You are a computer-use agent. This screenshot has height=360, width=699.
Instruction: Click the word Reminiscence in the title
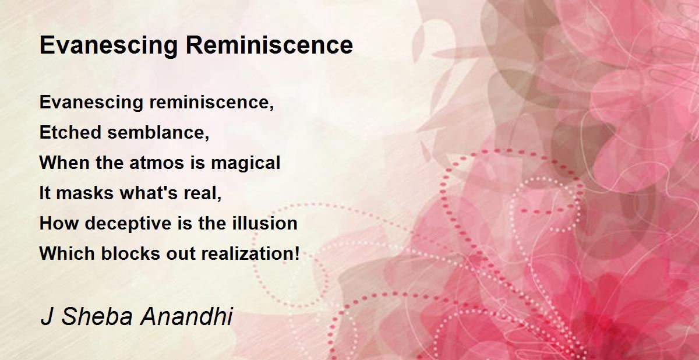[269, 45]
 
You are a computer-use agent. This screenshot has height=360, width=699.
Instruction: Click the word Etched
[70, 132]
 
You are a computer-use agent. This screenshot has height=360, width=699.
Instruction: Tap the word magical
[246, 163]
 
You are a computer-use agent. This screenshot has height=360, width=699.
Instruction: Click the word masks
[85, 193]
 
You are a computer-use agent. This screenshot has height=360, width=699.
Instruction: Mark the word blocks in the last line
[130, 253]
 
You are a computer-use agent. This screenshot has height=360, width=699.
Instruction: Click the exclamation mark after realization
[296, 253]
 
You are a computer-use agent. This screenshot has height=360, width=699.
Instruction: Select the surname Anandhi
[186, 317]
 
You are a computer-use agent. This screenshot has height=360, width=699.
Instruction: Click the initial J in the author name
[47, 317]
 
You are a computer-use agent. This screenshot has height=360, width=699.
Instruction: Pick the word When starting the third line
[64, 163]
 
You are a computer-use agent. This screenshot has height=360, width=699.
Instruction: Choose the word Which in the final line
[67, 253]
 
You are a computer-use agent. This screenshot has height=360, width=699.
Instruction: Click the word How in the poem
[59, 223]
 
